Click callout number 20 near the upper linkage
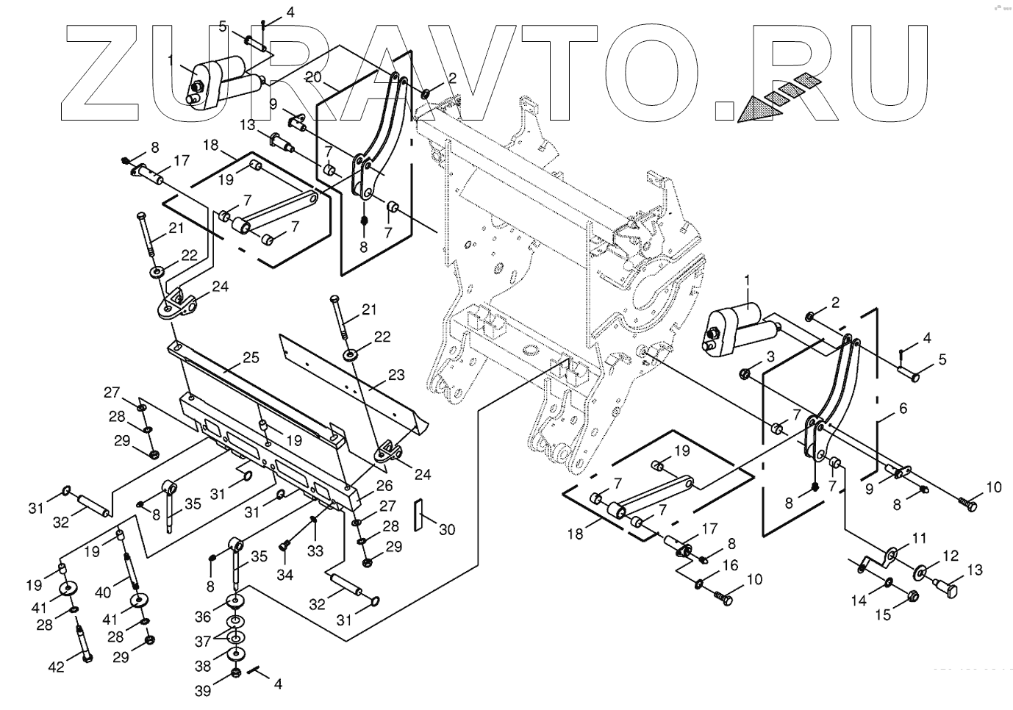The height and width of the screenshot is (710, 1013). (312, 77)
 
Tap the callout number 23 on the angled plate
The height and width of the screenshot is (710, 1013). (396, 375)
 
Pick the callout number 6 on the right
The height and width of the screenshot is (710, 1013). (902, 408)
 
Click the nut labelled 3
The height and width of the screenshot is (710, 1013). (745, 374)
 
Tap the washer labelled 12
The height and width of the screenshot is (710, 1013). (920, 571)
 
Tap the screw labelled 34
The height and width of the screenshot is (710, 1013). (284, 546)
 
